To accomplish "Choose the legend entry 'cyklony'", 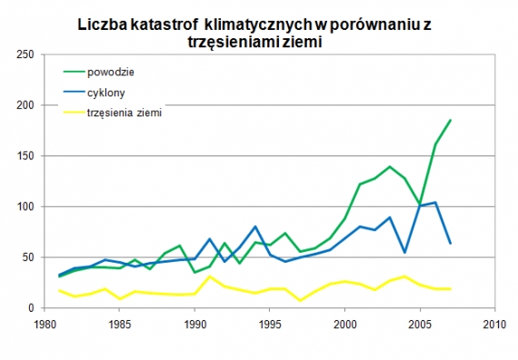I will (x=106, y=92).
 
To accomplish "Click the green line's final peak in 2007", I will (x=450, y=121).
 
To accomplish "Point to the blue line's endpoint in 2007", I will (x=450, y=243).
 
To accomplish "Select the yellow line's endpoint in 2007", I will (x=450, y=289).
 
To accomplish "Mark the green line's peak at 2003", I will (x=390, y=167).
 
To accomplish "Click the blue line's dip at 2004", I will (x=404, y=252).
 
